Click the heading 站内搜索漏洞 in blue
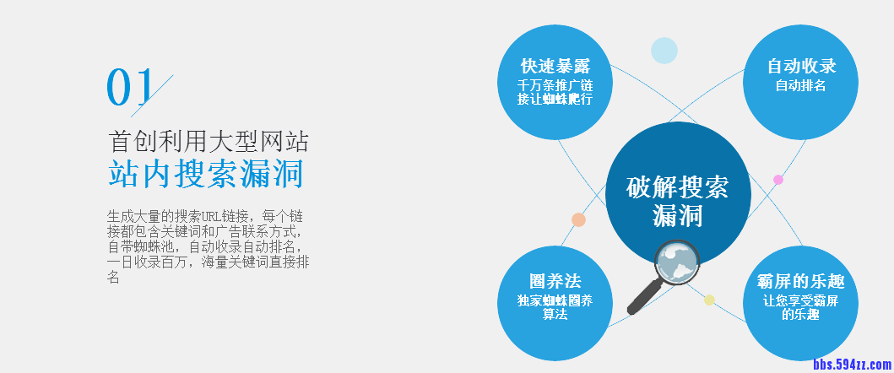click(205, 173)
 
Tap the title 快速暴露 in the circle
click(555, 66)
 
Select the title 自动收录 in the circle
click(801, 66)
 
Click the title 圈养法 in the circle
click(555, 281)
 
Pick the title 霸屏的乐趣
click(800, 281)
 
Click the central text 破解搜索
click(677, 186)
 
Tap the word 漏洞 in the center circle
click(677, 217)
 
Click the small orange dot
click(578, 219)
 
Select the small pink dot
click(778, 179)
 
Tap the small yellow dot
click(709, 300)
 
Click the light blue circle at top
click(664, 51)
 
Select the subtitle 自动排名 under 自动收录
click(800, 85)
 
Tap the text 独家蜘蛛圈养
click(555, 300)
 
